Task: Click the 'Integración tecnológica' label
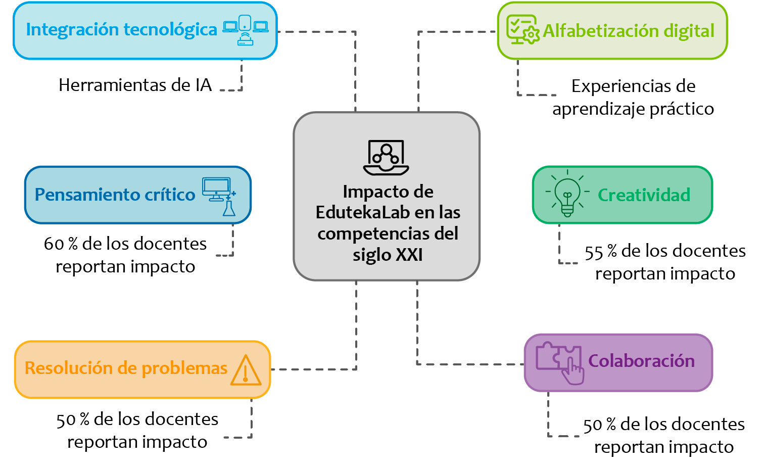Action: [121, 30]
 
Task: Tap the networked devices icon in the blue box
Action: [246, 30]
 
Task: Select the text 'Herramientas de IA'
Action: [135, 85]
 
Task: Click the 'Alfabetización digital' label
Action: [629, 31]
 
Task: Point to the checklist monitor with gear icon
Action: [522, 30]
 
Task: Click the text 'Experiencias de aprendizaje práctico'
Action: [633, 98]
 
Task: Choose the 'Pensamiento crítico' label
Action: [115, 195]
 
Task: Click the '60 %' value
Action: [60, 244]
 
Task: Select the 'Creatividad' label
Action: [644, 195]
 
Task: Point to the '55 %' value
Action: [600, 252]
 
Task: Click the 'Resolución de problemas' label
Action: [126, 368]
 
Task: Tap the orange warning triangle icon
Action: [246, 370]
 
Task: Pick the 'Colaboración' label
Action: [641, 361]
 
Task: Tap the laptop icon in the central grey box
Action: [386, 158]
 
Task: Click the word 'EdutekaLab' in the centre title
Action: [357, 213]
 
